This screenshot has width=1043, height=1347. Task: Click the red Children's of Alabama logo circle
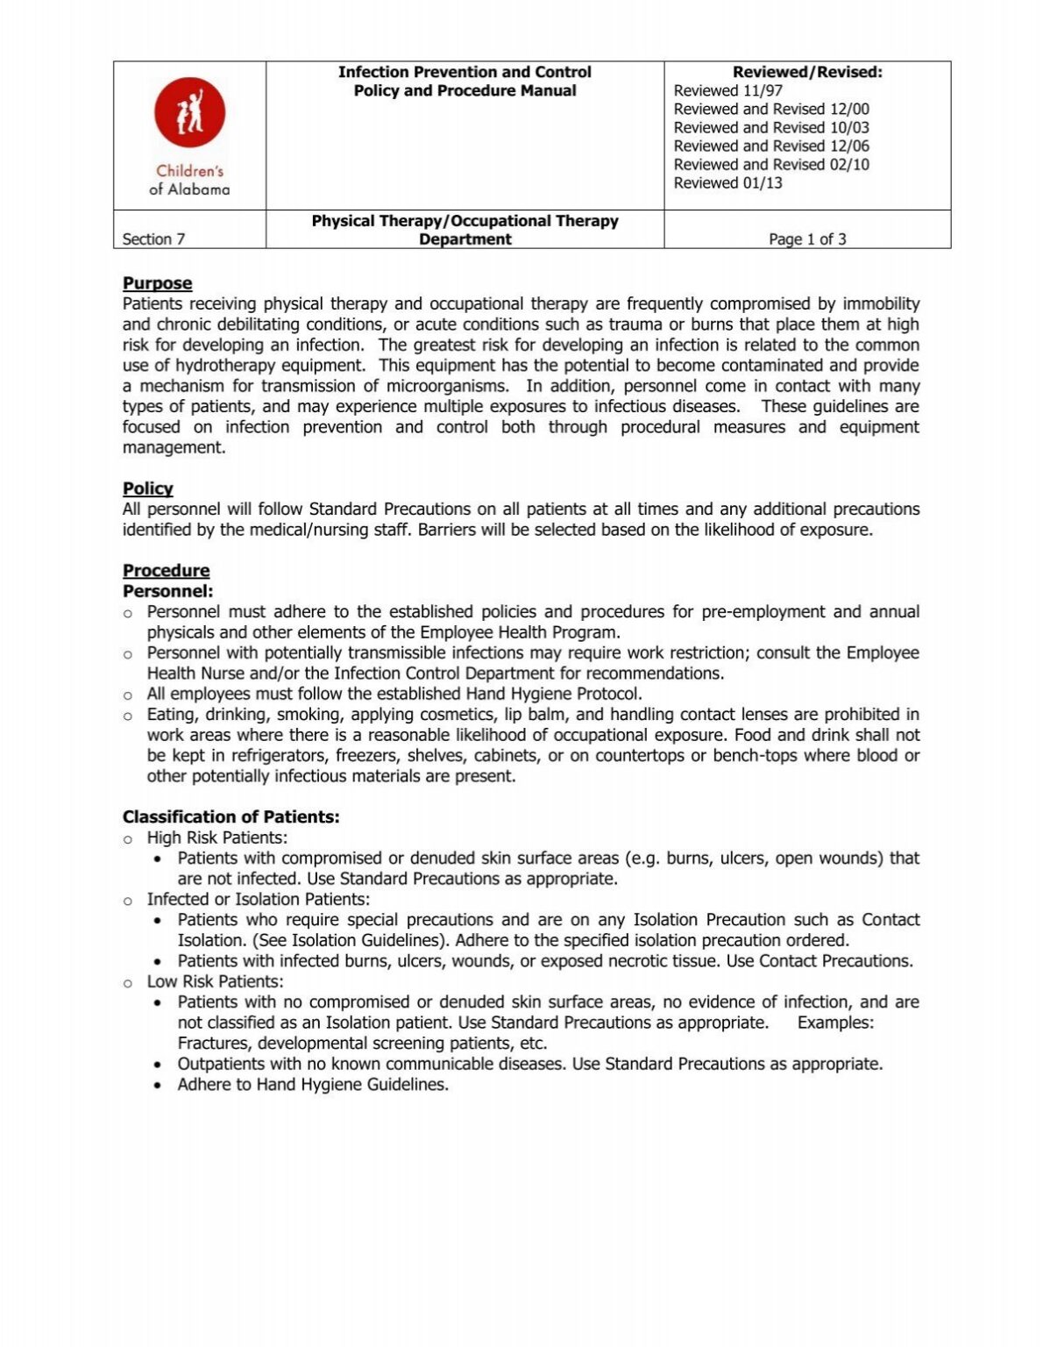click(189, 112)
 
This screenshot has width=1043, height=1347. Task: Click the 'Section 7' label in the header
click(153, 239)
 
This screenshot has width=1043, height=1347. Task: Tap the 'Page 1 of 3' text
click(806, 239)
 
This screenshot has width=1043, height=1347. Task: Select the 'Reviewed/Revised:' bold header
click(806, 72)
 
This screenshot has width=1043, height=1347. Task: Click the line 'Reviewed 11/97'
click(727, 90)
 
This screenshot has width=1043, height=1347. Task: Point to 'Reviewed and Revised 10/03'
click(770, 127)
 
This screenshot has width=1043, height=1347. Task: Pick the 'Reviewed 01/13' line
click(727, 182)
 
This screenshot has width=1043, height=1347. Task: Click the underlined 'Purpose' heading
click(157, 283)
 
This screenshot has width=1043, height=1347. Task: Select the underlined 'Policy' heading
click(147, 488)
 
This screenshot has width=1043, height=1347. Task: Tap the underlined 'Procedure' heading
click(166, 570)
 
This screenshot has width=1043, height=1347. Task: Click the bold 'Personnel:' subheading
click(167, 591)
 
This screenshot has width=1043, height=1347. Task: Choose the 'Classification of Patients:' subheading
click(231, 816)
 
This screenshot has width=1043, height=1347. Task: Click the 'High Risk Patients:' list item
click(216, 837)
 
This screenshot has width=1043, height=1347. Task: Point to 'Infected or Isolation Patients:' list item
click(258, 899)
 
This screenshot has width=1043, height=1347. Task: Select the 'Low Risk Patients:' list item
click(215, 981)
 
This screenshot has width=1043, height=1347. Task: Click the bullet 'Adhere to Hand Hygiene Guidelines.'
click(313, 1084)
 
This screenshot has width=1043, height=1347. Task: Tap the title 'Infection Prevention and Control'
click(465, 72)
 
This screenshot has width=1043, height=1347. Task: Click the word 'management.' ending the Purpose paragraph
click(174, 447)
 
